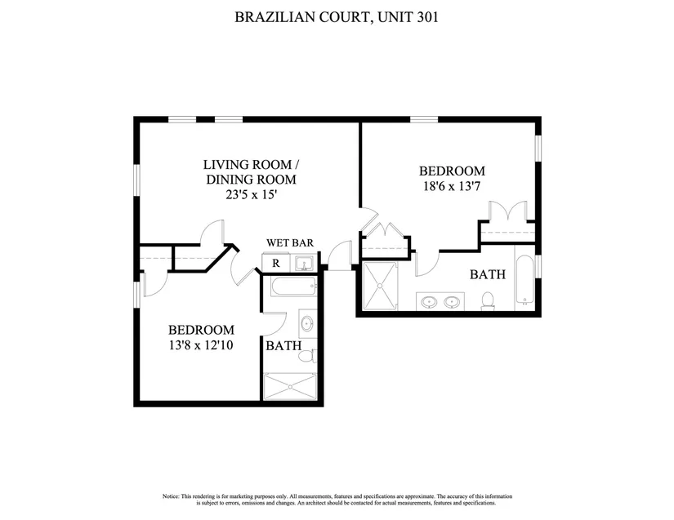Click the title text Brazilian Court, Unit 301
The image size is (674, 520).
coord(337,17)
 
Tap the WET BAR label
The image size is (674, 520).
coord(290,243)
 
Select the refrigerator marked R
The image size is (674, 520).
coord(276,263)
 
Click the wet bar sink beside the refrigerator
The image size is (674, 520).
coord(305,263)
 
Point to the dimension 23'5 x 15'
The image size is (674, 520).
coord(251,195)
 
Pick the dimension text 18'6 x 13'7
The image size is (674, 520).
coord(452,186)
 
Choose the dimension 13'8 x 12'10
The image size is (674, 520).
coord(201,345)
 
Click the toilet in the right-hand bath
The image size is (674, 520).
coord(488,300)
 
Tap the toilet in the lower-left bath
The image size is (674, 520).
coord(307,356)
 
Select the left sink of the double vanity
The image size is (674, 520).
coord(429,302)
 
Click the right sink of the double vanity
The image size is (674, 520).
coord(452,302)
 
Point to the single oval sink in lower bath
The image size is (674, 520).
coord(307,323)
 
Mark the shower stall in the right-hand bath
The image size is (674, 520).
coord(381,286)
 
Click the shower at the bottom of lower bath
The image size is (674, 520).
coord(290,386)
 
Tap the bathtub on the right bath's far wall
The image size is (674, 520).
coord(524,279)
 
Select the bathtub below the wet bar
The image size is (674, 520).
coord(294,286)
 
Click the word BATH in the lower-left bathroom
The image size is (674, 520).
coord(283,345)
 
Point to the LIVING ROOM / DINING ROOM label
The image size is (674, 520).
coord(251,171)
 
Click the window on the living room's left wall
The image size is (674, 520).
coord(136,180)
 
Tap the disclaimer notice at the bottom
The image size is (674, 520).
coord(337,500)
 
